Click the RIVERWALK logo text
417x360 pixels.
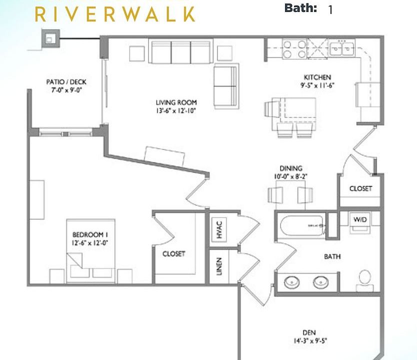114,13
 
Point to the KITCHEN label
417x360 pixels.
317,77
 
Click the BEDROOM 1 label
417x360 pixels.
90,234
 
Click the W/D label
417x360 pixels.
360,220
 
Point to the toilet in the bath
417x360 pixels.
364,280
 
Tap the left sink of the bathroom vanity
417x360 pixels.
291,282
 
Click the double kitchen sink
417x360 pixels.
342,48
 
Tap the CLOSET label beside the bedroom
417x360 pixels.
173,254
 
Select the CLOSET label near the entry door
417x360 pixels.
360,188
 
